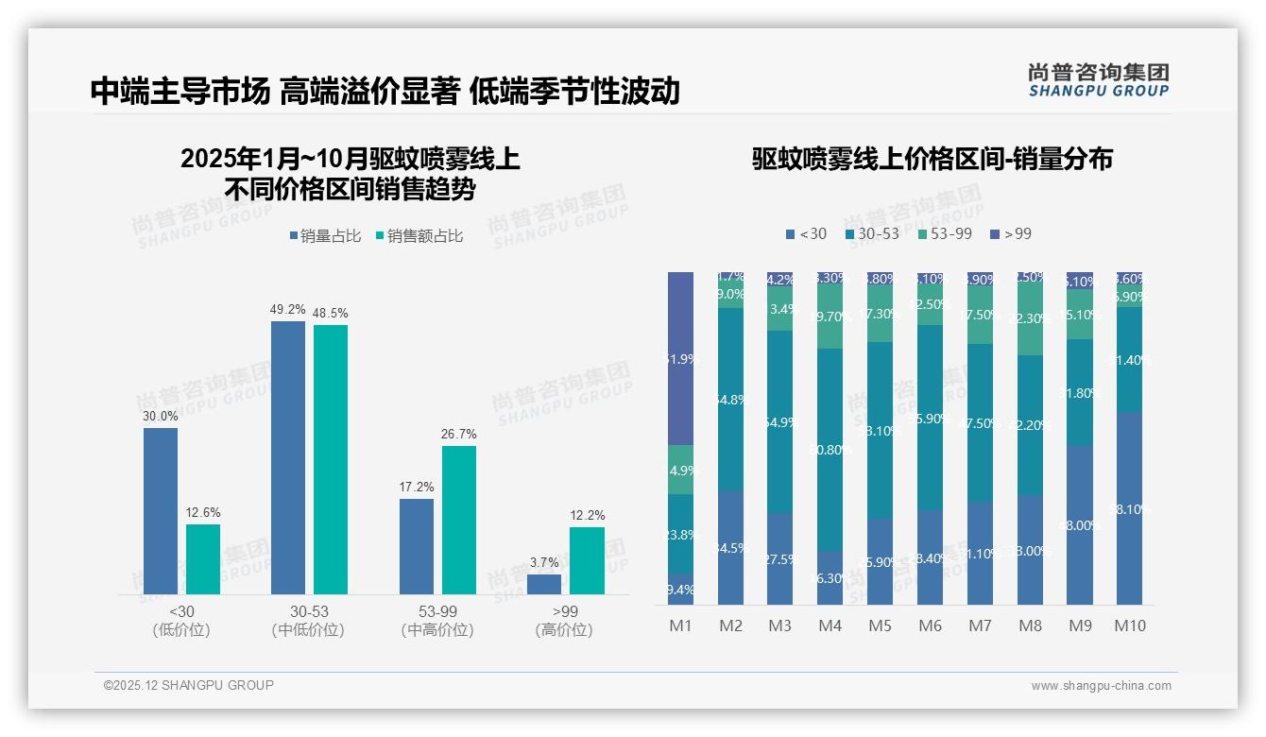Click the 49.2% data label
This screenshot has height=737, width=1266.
287,309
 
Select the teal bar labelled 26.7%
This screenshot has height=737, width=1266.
458,520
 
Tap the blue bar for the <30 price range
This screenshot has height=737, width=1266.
161,510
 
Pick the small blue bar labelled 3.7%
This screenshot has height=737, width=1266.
543,584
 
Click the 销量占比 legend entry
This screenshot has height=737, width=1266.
324,236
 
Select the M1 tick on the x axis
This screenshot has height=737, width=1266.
680,626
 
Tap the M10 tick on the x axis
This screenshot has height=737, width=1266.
1129,626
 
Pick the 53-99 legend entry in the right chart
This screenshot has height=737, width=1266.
944,233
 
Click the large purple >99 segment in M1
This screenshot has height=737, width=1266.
680,358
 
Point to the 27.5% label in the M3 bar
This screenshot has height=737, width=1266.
779,559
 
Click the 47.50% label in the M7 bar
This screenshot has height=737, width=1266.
980,423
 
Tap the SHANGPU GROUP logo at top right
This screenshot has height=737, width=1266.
1098,80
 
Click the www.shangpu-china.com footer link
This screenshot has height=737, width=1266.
1101,686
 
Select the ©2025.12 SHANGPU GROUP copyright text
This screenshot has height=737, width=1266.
189,685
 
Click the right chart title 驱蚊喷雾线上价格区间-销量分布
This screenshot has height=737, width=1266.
932,159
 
